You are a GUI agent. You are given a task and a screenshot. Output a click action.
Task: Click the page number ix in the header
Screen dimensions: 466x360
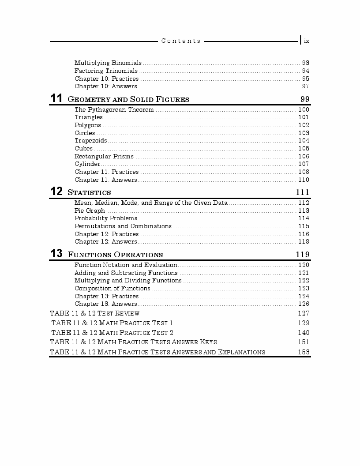[x=307, y=41]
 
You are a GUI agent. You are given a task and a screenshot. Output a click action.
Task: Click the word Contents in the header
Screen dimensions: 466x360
[x=181, y=41]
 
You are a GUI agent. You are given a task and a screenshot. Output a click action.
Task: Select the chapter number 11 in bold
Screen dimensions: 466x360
[x=56, y=98]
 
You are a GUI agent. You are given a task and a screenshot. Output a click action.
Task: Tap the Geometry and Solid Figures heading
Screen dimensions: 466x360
[x=128, y=99]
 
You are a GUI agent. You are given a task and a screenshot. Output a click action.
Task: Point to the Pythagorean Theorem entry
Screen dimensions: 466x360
[x=114, y=109]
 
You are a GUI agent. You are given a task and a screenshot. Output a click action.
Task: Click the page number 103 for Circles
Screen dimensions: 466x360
[x=304, y=133]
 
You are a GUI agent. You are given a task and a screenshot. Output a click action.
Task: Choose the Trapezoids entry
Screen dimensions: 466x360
[x=90, y=141]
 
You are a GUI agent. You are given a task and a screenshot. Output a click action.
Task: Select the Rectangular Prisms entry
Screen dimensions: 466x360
[x=104, y=156]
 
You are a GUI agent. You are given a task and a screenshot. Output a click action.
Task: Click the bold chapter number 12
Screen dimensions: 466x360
[x=56, y=192]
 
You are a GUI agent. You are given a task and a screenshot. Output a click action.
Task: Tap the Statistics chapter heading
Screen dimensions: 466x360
[x=89, y=192]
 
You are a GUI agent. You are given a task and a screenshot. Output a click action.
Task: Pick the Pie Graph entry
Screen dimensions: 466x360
[x=90, y=210]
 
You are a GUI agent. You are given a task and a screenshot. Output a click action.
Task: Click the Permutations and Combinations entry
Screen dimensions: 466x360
[x=123, y=226]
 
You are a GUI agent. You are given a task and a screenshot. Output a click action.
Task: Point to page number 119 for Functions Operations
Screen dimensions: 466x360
[x=302, y=255]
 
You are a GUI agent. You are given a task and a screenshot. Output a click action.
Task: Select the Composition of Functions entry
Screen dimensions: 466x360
[x=112, y=288]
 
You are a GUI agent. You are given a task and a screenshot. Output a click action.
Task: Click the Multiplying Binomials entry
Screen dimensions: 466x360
[x=108, y=63]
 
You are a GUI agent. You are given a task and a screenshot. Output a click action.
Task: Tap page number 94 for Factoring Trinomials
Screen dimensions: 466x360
[x=305, y=71]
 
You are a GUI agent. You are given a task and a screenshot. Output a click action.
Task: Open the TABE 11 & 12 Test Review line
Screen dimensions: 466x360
[x=95, y=313]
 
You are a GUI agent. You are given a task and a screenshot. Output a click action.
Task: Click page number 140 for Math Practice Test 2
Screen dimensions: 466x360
[x=304, y=332]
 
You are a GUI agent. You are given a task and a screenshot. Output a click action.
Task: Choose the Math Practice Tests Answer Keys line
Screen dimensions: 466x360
[x=133, y=342]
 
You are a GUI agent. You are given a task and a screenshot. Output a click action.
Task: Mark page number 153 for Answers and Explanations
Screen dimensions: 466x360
[x=304, y=352]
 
